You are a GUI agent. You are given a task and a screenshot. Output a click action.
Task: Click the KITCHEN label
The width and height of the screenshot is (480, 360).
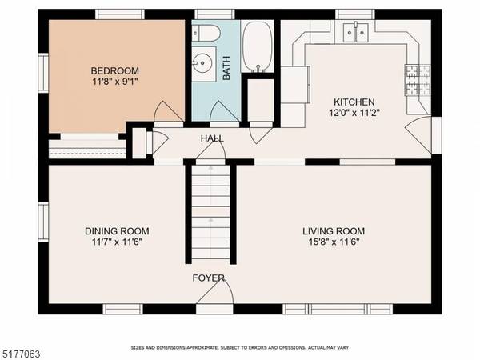coord(353,102)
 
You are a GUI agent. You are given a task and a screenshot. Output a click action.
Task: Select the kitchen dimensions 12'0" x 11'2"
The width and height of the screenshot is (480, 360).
coord(353,114)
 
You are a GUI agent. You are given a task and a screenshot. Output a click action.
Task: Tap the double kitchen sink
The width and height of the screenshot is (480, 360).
coord(353,33)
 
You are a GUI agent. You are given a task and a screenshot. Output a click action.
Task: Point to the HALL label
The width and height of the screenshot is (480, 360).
coord(212,138)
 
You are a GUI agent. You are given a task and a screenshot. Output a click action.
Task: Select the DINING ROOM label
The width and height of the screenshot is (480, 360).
coord(117,231)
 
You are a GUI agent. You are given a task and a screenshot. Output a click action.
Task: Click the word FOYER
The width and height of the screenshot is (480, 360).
coord(208,278)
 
